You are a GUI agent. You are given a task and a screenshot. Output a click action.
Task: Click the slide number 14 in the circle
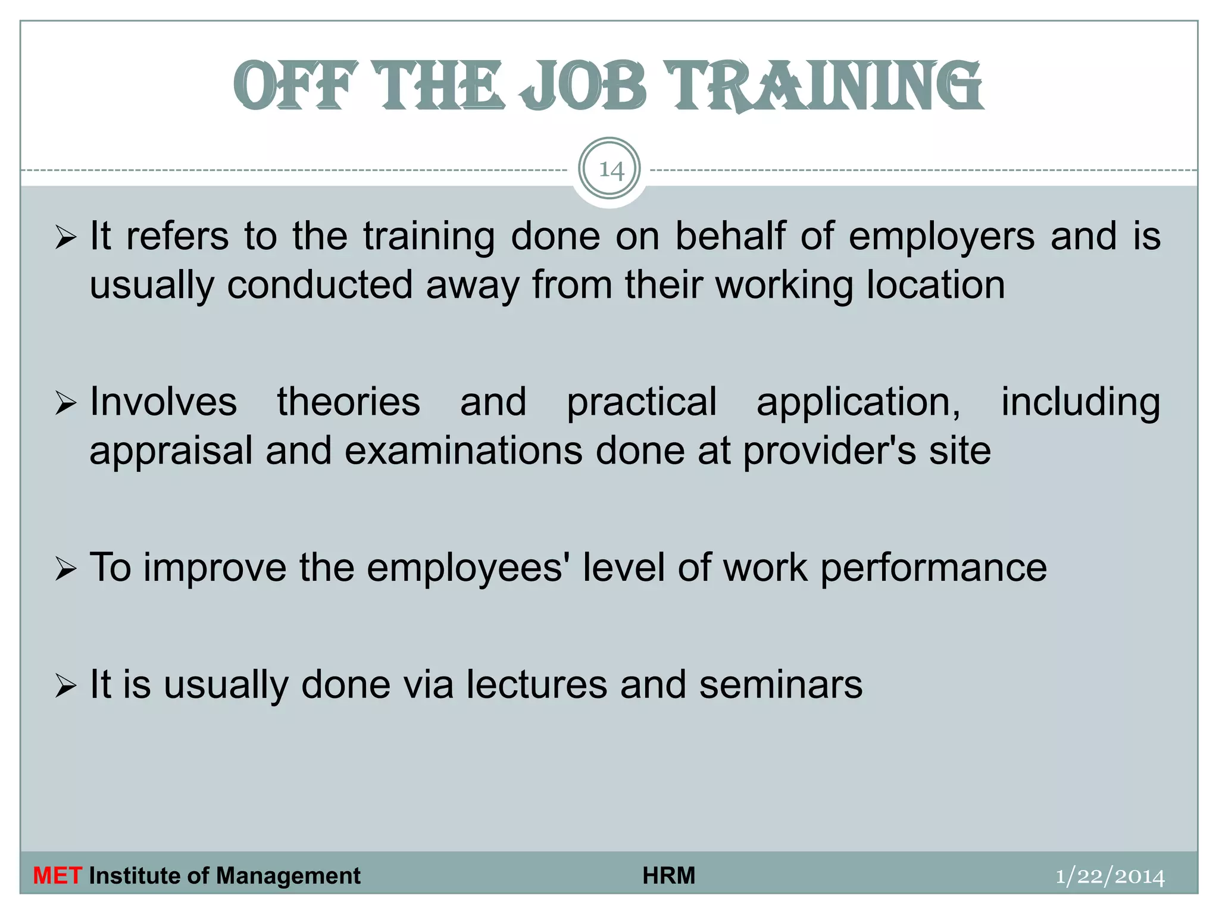[610, 170]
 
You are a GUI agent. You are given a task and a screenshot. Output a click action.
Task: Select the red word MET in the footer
[57, 876]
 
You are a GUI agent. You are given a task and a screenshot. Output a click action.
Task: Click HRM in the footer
[668, 876]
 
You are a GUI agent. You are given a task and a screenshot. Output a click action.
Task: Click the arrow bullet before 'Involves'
[65, 403]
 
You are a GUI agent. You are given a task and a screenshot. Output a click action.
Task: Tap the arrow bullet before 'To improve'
[65, 568]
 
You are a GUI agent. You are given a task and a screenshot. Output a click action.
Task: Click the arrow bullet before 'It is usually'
[65, 685]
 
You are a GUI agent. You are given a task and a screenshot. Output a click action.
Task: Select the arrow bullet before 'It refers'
[65, 237]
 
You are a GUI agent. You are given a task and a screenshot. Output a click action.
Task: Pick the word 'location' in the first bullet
[935, 284]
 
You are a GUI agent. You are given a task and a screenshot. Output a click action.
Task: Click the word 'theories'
[349, 402]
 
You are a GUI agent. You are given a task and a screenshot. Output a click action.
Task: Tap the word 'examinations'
[464, 450]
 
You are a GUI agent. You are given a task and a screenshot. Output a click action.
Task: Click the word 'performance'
[933, 568]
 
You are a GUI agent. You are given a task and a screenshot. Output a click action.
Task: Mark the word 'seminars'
[780, 685]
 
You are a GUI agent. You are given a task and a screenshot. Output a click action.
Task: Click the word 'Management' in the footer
[288, 876]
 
